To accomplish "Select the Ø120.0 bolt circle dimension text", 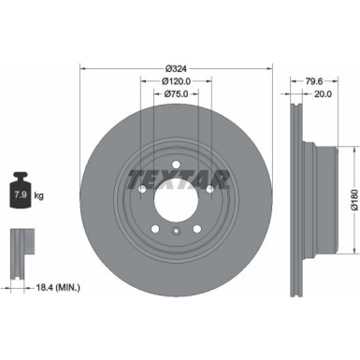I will pos(177,82).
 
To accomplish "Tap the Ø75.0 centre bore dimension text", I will pos(177,94).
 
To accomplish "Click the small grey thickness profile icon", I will pos(19,246).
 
